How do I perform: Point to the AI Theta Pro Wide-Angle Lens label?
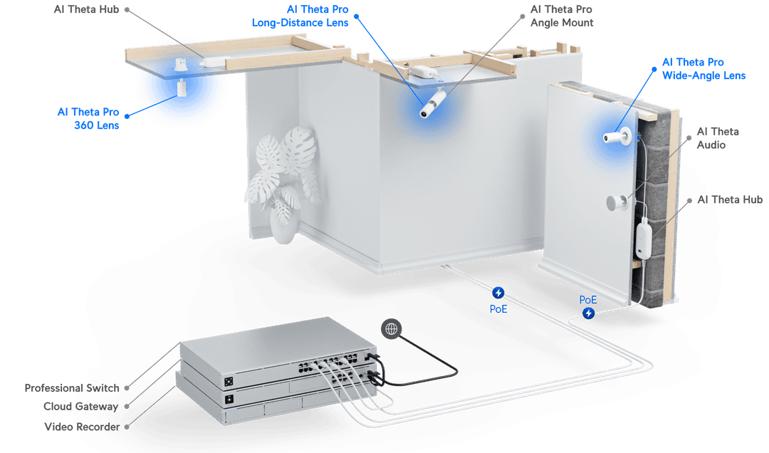click(x=703, y=69)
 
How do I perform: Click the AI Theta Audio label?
click(x=718, y=138)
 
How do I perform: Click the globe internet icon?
click(x=390, y=328)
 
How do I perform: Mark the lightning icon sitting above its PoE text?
click(x=498, y=292)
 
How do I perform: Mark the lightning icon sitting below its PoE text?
click(x=588, y=313)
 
